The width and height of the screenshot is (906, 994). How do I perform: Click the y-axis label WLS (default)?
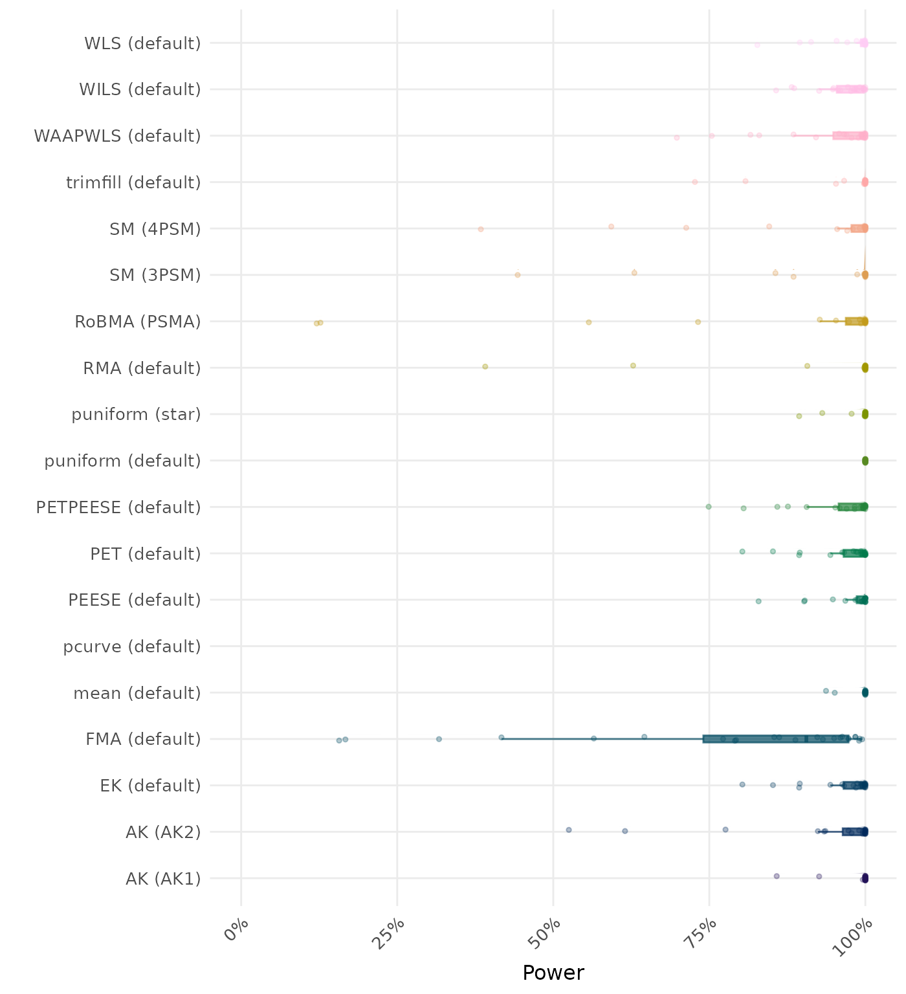point(142,43)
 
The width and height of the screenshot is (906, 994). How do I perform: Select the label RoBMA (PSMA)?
point(137,322)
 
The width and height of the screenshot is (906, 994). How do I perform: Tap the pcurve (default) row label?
point(132,646)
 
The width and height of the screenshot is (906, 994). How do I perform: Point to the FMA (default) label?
point(143,739)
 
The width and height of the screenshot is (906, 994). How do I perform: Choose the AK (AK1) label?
point(163,879)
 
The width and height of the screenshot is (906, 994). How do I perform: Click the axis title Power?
point(553,973)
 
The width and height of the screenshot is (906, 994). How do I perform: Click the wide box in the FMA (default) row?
point(775,739)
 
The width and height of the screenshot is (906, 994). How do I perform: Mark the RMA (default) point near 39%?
point(485,367)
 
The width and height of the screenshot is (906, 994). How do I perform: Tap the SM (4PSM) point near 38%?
point(481,229)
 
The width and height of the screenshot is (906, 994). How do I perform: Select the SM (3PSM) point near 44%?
point(518,275)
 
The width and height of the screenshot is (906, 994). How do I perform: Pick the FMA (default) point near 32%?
point(439,739)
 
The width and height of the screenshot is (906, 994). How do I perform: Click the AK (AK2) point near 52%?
point(569,830)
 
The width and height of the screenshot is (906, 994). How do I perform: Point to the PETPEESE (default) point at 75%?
point(709,507)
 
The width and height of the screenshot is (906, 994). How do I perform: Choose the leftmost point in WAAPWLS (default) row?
point(677,137)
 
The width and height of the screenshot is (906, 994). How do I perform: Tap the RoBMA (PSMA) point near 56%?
point(589,322)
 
